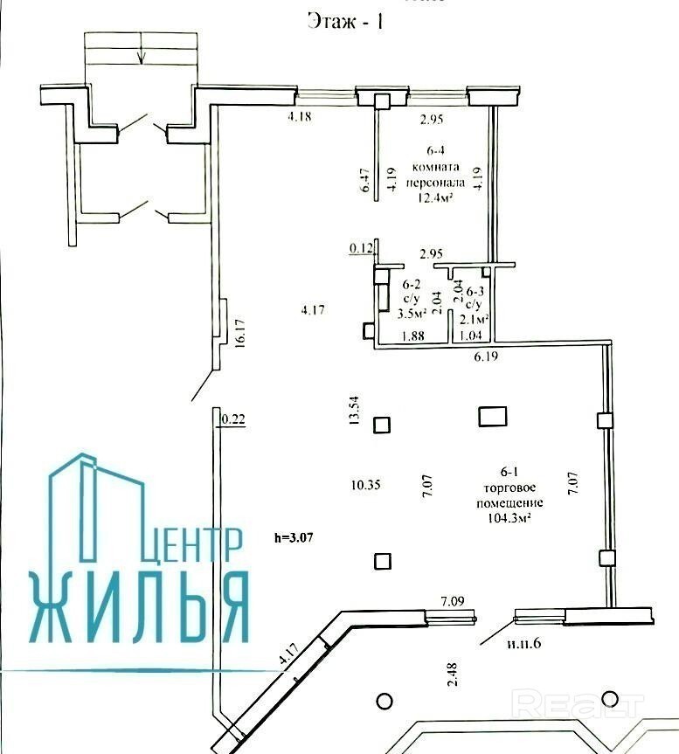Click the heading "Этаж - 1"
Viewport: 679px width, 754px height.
pyautogui.click(x=345, y=22)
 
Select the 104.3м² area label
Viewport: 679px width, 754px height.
pyautogui.click(x=509, y=518)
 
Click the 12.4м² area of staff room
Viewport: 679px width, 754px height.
pyautogui.click(x=435, y=197)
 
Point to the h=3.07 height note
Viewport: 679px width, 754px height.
pyautogui.click(x=294, y=537)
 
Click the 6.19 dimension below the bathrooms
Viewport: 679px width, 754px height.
pyautogui.click(x=486, y=356)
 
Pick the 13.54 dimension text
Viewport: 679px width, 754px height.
pyautogui.click(x=354, y=410)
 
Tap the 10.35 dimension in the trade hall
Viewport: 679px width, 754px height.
pyautogui.click(x=365, y=485)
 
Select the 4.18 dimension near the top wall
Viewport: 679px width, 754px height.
pyautogui.click(x=299, y=116)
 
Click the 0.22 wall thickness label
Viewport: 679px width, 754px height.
pyautogui.click(x=233, y=419)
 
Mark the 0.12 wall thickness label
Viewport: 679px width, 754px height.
pyautogui.click(x=361, y=249)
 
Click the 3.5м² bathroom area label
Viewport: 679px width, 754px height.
pyautogui.click(x=412, y=315)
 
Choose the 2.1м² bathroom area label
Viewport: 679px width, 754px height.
pyautogui.click(x=475, y=319)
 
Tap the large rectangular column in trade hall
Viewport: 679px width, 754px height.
pyautogui.click(x=492, y=417)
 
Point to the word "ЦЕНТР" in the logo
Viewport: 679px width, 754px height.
pyautogui.click(x=191, y=545)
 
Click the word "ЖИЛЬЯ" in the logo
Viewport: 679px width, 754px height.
pyautogui.click(x=140, y=608)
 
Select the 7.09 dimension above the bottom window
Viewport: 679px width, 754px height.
pyautogui.click(x=453, y=601)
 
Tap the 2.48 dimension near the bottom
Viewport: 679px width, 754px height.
pyautogui.click(x=453, y=674)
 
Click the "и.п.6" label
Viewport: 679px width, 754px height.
pyautogui.click(x=523, y=643)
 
